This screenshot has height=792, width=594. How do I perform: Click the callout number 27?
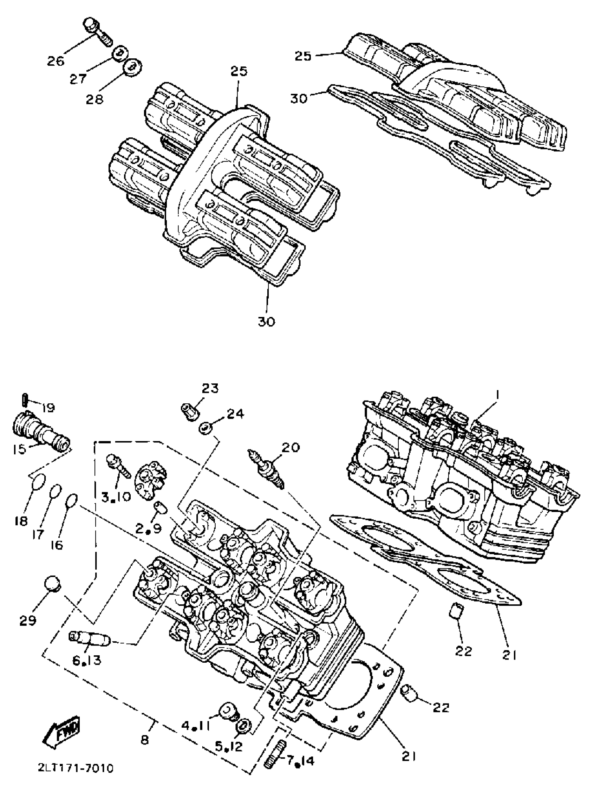click(x=78, y=78)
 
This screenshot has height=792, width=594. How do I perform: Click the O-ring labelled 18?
click(x=38, y=480)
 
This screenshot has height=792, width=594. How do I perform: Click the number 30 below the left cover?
click(x=267, y=322)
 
